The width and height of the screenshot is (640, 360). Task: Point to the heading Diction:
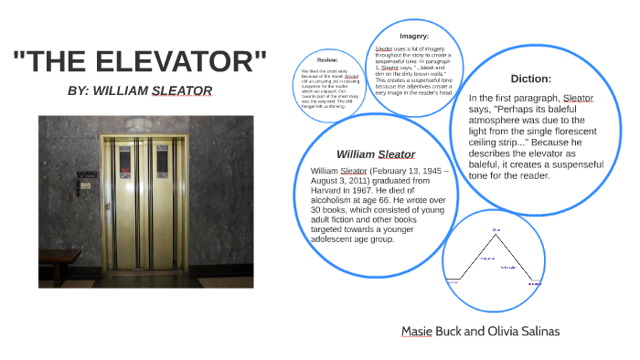click(531, 79)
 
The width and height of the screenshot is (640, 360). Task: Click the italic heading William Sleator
click(376, 154)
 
